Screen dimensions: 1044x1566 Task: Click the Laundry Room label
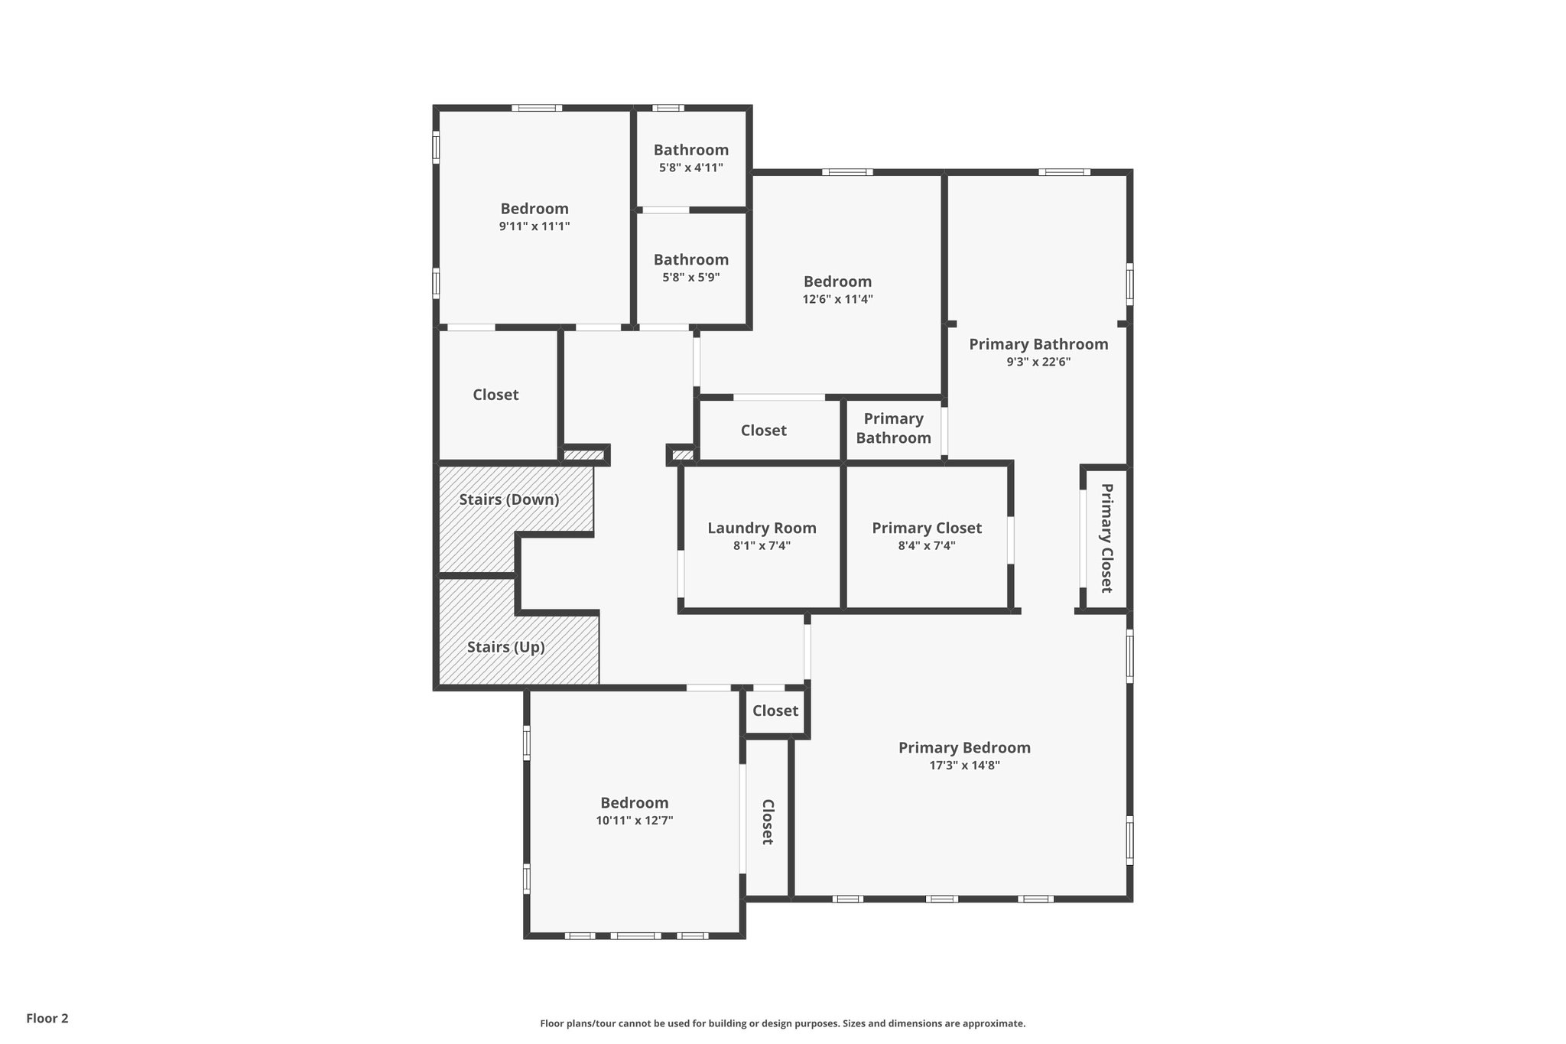click(x=762, y=528)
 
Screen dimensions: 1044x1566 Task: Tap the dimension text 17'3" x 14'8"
click(x=964, y=766)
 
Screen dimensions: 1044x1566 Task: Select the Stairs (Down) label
click(x=509, y=499)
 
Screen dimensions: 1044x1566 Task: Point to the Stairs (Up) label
click(x=506, y=647)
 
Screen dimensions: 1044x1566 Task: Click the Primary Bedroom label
click(x=964, y=747)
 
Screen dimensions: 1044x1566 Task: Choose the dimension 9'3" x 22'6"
click(x=1038, y=362)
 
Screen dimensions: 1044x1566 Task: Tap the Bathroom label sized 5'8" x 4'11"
click(x=690, y=150)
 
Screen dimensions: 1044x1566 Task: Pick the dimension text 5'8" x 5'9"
click(x=690, y=278)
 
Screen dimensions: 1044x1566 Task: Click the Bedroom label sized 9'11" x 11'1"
click(x=534, y=208)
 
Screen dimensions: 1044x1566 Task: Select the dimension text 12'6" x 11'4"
click(x=837, y=300)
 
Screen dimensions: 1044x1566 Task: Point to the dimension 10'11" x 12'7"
click(x=634, y=821)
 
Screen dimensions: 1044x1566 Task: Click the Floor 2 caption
click(x=47, y=1018)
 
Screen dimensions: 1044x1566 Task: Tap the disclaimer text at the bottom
click(x=782, y=1023)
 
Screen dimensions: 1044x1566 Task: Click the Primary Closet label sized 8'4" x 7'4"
click(x=927, y=528)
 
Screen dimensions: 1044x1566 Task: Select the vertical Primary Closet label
click(x=1106, y=538)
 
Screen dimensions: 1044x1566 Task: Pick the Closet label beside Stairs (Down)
click(x=495, y=395)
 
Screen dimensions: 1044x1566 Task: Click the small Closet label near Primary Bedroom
click(x=775, y=711)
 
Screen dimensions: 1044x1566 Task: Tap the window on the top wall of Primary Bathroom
click(x=1064, y=172)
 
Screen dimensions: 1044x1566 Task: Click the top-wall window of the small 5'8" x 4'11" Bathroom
click(x=668, y=108)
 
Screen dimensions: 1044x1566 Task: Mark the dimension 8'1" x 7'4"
click(x=762, y=546)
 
